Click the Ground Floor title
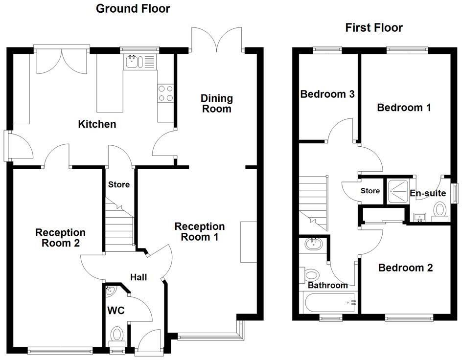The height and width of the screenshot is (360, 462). coord(133,8)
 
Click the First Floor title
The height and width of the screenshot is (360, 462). coord(374,27)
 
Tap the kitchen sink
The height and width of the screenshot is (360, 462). coord(133,62)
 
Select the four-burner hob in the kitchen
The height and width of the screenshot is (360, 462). coord(166,93)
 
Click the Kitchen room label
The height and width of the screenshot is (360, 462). coord(97,124)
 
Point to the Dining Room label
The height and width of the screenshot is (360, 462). coord(216,104)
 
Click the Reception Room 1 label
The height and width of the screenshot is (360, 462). coord(200,232)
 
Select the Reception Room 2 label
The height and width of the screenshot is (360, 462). coord(60,237)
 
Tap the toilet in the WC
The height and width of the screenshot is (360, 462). coord(116,336)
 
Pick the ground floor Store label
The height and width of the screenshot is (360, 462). coord(119,184)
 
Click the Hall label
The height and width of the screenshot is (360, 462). coord(139,277)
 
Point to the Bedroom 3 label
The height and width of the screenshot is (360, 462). coord(327,94)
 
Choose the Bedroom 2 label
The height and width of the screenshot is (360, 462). coord(406,268)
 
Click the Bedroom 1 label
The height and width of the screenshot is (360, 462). coord(404,108)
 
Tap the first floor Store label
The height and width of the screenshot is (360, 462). coord(370,191)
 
